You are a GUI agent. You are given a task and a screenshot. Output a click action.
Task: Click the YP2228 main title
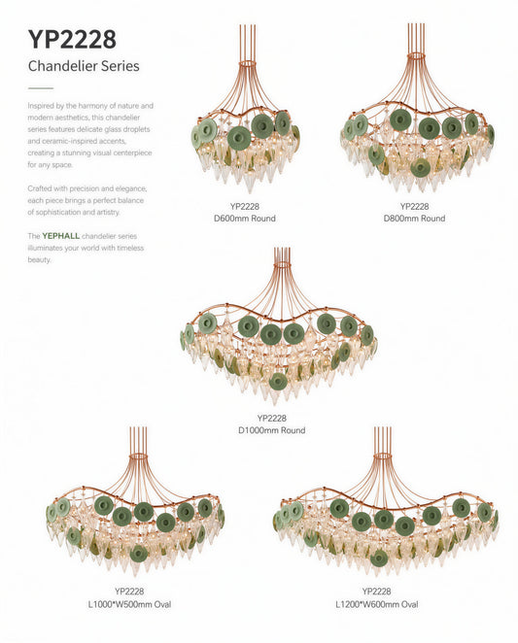pos(72,40)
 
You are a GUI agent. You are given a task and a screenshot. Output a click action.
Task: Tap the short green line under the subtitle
pos(41,88)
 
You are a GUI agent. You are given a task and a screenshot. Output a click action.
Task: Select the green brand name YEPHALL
pos(61,236)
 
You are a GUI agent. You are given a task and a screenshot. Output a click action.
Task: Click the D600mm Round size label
pos(245,219)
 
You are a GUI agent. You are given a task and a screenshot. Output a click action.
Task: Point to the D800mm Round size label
pos(414,219)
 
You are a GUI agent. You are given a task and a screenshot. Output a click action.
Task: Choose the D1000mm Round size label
pos(272,430)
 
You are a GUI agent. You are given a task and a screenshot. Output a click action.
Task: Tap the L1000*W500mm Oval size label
pos(129,604)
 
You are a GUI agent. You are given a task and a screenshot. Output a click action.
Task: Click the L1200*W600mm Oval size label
pos(377,604)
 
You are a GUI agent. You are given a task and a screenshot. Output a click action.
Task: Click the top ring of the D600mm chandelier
pos(248,64)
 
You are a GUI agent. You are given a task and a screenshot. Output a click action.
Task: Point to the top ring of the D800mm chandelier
pos(417,55)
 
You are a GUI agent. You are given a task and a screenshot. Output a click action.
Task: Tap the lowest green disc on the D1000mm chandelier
pos(278,382)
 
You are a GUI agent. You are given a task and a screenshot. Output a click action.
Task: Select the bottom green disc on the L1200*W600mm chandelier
pos(378,558)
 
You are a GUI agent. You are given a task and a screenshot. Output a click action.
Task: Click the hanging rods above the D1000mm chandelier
pos(282,257)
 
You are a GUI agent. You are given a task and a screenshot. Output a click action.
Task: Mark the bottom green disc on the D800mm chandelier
pos(420,168)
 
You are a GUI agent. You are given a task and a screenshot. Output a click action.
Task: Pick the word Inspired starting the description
pos(40,106)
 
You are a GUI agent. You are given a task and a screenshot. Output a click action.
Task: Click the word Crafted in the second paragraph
pos(40,188)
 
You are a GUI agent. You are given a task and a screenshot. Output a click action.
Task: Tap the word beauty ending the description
pos(39,260)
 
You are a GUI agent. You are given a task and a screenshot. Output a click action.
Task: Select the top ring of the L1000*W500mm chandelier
pos(138,456)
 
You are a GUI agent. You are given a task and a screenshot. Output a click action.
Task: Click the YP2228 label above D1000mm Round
pos(272,419)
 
